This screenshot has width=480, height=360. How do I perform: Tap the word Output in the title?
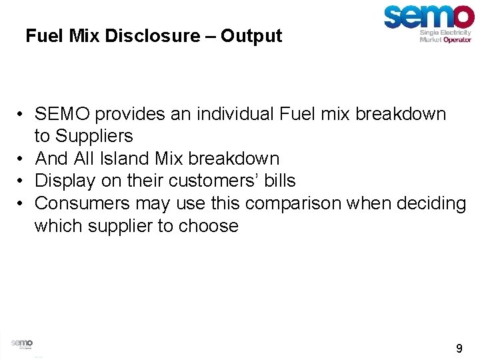[x=251, y=35]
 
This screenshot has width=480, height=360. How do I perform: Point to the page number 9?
[x=459, y=348]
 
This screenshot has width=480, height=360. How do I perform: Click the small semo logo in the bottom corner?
[x=21, y=343]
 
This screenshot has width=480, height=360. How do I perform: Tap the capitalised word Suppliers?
[x=94, y=136]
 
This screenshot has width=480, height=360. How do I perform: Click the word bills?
[x=278, y=181]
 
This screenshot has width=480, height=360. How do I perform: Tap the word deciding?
[x=433, y=203]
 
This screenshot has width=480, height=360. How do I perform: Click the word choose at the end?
[x=208, y=226]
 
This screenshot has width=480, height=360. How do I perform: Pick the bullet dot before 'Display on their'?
[x=22, y=181]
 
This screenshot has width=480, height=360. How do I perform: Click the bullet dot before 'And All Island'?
[x=22, y=159]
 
